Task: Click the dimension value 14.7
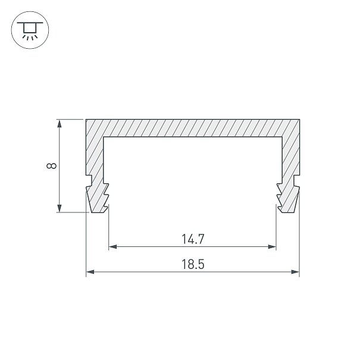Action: [x=193, y=239]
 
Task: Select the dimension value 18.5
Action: [x=193, y=264]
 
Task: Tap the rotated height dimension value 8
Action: [x=51, y=166]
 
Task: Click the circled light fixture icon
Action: [x=30, y=30]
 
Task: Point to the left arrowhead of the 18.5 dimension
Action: [x=90, y=272]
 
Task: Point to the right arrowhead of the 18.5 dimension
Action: [x=295, y=272]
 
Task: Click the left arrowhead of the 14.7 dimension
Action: [x=112, y=247]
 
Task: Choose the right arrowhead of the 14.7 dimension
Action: [x=272, y=247]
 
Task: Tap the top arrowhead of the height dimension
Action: [x=60, y=124]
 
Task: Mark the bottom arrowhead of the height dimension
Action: [x=60, y=208]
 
